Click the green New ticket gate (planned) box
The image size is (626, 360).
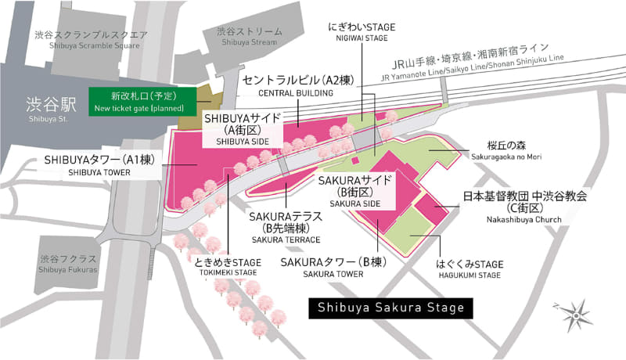(138, 99)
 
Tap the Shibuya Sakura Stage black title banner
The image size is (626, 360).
(391, 308)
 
